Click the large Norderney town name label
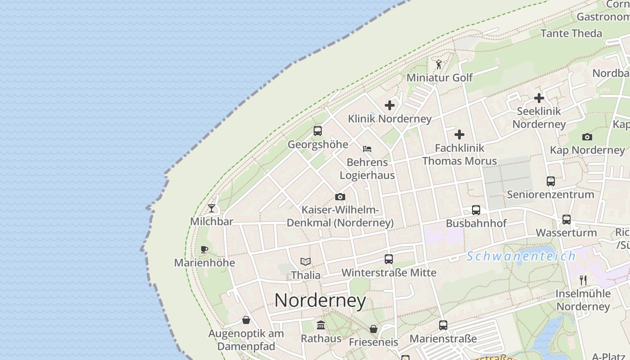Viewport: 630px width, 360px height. point(320,301)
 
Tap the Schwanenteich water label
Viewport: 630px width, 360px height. point(521,256)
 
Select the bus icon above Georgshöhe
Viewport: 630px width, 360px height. point(318,131)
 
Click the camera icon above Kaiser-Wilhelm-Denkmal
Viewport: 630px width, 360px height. point(340,197)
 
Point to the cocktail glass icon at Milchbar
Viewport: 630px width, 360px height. point(211,208)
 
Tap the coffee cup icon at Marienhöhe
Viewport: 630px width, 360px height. point(204,249)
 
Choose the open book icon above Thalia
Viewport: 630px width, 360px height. point(306,261)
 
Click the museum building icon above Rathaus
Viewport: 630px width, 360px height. point(321,325)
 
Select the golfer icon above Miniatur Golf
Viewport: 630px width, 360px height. point(439,65)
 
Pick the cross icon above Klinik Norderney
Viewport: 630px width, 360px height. point(390,105)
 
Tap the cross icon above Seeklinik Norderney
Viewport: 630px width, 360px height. point(539,98)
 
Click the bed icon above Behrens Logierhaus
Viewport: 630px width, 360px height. point(367,148)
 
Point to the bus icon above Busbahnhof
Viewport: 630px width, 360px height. point(476,210)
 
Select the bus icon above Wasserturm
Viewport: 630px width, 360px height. point(567,220)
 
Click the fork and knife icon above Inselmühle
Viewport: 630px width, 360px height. point(583,280)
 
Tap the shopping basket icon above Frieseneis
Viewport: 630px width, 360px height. point(373,329)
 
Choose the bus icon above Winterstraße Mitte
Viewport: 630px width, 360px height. point(389,259)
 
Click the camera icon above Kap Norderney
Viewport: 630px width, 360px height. point(587,137)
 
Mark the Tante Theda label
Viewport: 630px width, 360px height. point(571,33)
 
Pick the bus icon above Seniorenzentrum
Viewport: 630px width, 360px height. point(551,181)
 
